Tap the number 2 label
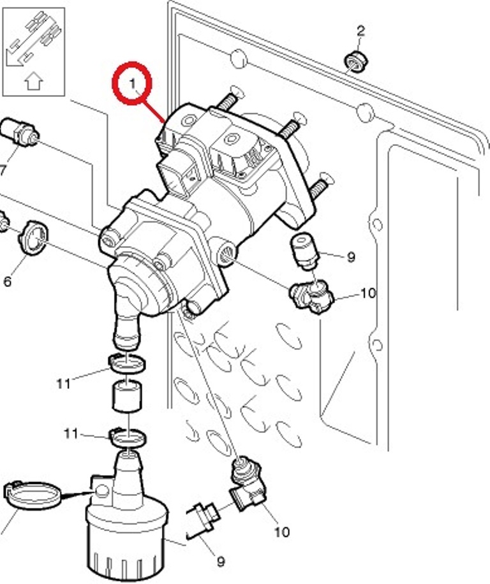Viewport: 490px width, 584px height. click(361, 30)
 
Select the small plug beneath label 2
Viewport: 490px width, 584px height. click(355, 61)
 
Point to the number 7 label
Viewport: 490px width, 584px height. click(3, 170)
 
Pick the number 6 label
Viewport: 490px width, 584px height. click(7, 280)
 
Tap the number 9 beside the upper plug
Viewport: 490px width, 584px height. click(350, 258)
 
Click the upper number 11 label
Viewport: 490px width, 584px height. click(63, 384)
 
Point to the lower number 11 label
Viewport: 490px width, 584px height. click(71, 434)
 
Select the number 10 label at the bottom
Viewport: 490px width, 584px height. click(281, 531)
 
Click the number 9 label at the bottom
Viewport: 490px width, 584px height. click(220, 562)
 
